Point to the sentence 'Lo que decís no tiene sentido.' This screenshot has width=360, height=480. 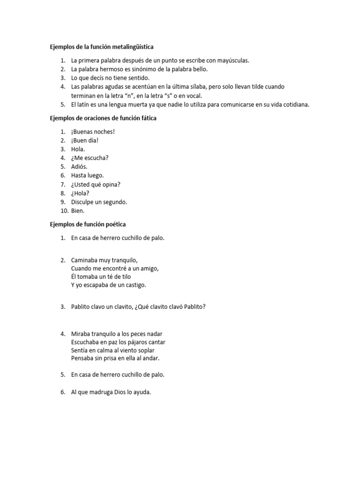tap(110, 78)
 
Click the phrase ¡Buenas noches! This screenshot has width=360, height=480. tap(93, 132)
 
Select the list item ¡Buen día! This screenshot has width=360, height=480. tap(85, 140)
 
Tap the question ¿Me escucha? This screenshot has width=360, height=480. tap(90, 158)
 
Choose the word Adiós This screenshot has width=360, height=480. tap(79, 166)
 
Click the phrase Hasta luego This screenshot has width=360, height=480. tap(87, 175)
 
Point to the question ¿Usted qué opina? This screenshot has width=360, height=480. tap(96, 184)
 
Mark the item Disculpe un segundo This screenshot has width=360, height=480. tap(99, 202)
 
